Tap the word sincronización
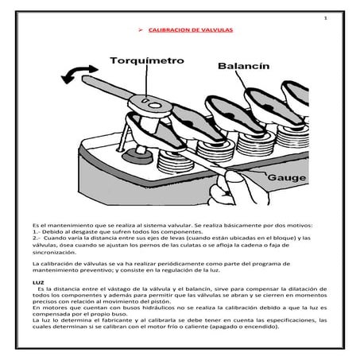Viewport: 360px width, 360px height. click(x=54, y=251)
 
